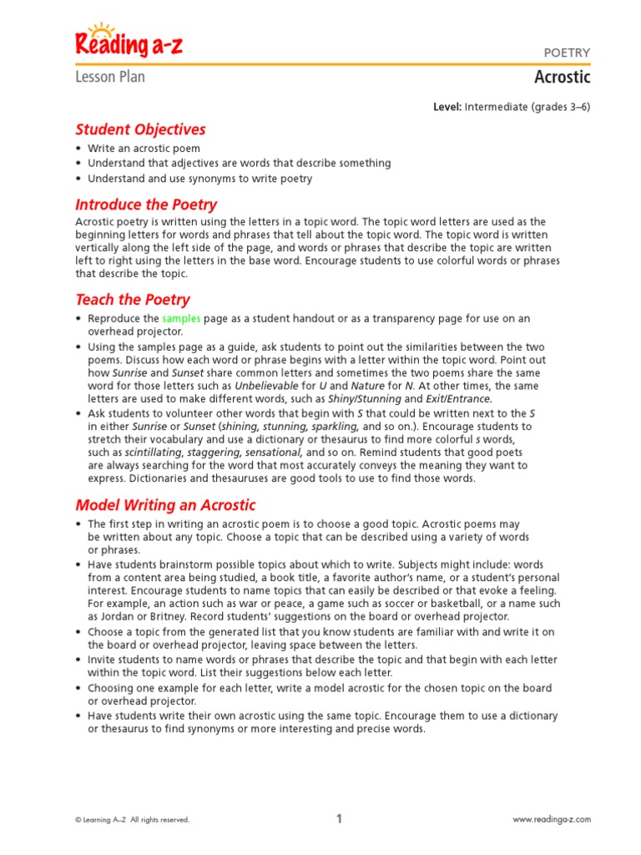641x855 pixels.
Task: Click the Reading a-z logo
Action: click(129, 42)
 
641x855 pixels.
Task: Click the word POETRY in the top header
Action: click(567, 53)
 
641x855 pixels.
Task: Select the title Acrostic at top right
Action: click(562, 78)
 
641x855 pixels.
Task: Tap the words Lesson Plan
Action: click(110, 77)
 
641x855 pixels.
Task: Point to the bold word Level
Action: click(447, 107)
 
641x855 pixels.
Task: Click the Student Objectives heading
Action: click(140, 129)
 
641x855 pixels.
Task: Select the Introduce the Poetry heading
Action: click(146, 205)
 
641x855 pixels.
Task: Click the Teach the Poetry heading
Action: click(133, 299)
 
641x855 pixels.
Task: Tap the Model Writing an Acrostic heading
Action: click(165, 504)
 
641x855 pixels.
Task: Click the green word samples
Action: click(181, 319)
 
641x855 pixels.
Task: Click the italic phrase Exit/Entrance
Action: click(458, 399)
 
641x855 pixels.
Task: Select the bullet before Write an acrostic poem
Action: click(78, 149)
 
